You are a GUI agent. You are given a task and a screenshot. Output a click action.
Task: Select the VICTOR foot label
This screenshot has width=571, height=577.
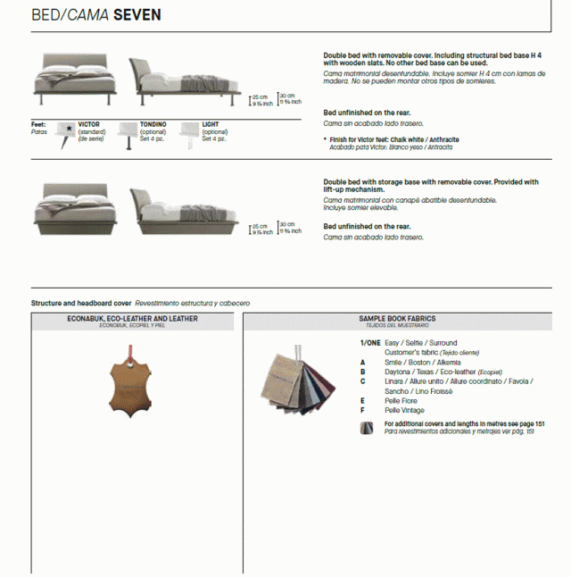[x=89, y=124]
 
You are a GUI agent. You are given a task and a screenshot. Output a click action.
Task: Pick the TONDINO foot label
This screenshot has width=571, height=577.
[x=153, y=124]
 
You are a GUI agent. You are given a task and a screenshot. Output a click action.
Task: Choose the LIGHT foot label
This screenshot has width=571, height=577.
[x=211, y=124]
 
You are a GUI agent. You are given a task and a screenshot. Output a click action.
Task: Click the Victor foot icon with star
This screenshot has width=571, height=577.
[x=68, y=132]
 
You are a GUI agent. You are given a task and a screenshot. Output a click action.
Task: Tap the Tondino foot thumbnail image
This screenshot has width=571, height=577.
[x=127, y=132]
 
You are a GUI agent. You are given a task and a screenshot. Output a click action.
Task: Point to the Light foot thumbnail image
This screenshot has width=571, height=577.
[x=189, y=132]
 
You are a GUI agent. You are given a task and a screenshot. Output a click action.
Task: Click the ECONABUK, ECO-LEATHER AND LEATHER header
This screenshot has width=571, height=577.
[x=132, y=318]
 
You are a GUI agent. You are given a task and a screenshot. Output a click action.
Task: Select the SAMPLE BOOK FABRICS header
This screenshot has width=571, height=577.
[x=397, y=318]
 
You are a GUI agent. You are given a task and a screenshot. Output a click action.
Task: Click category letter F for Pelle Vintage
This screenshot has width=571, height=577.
[x=363, y=410]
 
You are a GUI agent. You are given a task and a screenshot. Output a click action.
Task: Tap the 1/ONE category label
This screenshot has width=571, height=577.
[x=369, y=343]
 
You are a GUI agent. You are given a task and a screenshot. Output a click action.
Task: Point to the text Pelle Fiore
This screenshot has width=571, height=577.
[x=401, y=401]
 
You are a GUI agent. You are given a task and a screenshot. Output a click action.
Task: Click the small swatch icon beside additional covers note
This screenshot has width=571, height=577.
[x=366, y=428]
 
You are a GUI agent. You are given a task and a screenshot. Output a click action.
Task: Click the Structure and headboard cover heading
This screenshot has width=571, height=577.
[x=81, y=303]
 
